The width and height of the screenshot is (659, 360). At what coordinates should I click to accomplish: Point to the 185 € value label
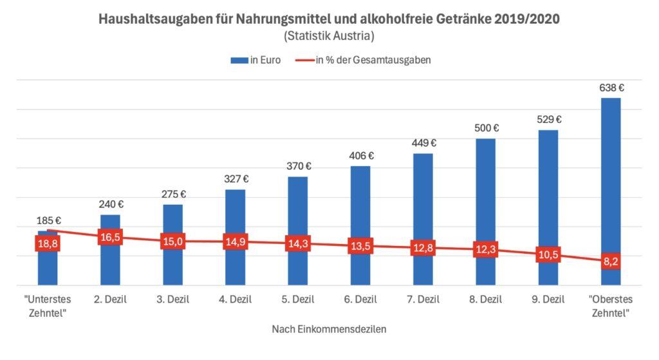(x=48, y=221)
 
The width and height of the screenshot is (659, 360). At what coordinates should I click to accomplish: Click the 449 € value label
(x=423, y=144)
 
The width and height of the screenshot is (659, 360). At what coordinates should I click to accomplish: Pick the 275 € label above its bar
(x=172, y=194)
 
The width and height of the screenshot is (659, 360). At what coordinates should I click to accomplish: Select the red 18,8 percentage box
(x=48, y=244)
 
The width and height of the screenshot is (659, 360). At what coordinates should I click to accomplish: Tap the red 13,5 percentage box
(x=360, y=247)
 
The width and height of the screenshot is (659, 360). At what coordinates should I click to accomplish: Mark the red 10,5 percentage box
(x=548, y=255)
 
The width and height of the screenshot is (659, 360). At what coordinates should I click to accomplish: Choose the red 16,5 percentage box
(x=110, y=237)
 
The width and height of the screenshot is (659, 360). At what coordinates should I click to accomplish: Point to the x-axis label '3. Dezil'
(x=172, y=299)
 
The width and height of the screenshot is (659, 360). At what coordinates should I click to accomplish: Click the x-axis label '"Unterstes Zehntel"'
(x=48, y=305)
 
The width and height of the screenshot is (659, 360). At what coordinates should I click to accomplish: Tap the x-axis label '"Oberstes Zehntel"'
(x=610, y=305)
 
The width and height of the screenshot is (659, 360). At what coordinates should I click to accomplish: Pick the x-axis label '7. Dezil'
(x=423, y=299)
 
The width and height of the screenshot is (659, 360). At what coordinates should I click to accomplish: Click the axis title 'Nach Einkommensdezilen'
(x=329, y=329)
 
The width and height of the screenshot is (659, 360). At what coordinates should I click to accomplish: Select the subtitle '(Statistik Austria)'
(x=329, y=35)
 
